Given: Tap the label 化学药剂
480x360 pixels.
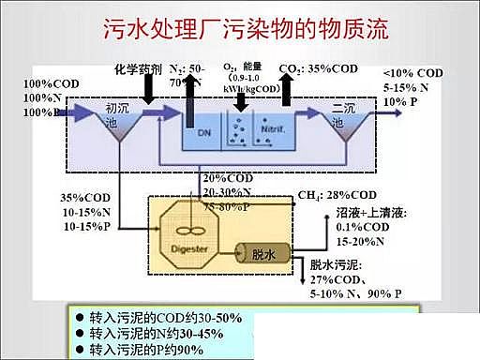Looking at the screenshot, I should (138, 69).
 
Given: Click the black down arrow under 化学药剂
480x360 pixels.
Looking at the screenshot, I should (147, 91).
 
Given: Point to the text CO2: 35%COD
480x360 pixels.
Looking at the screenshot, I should (318, 69).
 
